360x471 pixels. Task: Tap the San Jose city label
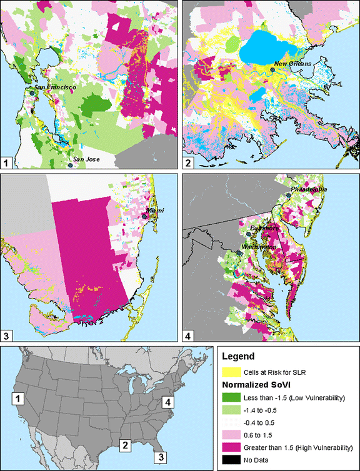tap(86, 159)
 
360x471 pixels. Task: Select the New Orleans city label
tap(296, 64)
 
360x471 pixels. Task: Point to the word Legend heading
tap(238, 357)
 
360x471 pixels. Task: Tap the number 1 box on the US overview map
tap(19, 398)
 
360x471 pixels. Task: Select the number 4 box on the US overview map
tap(168, 402)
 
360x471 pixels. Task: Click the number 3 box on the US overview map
tap(161, 456)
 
